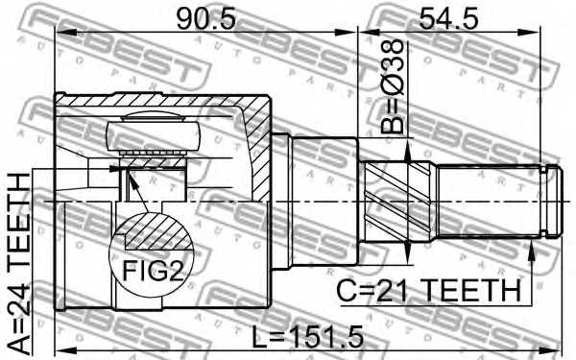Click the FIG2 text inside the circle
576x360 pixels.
tap(152, 270)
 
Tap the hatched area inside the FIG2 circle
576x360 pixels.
tap(154, 233)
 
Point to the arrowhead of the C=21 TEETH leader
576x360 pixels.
tap(531, 248)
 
